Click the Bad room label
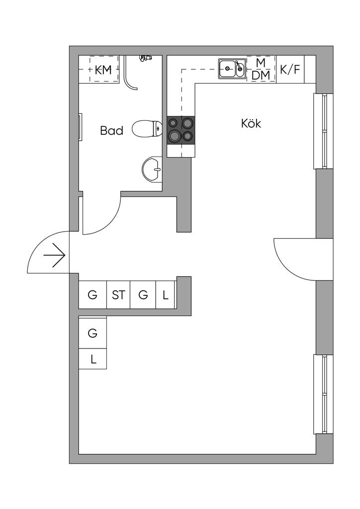[x=111, y=131]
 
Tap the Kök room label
[x=251, y=123]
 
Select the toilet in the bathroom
[x=147, y=129]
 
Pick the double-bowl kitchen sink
[x=232, y=68]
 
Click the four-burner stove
[x=181, y=129]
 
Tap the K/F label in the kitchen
[x=290, y=69]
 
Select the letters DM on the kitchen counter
[x=261, y=76]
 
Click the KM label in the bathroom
[x=103, y=71]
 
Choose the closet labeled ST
[x=118, y=295]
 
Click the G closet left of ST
[x=92, y=295]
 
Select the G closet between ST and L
[x=143, y=295]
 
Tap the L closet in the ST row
[x=166, y=295]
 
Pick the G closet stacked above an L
[x=92, y=333]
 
